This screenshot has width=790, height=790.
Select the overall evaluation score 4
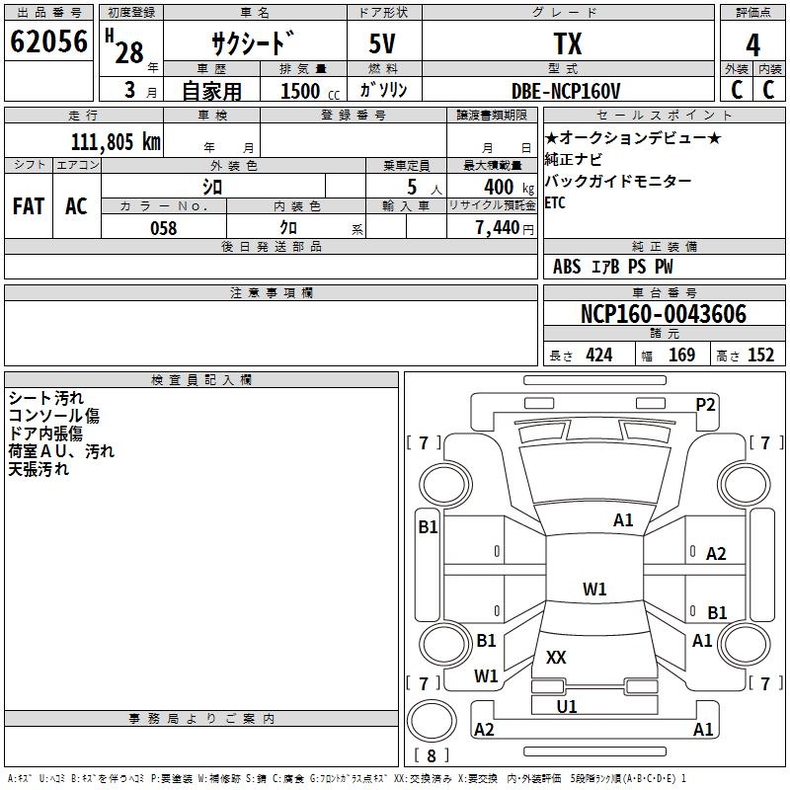[752, 45]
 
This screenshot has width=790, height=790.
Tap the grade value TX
[567, 44]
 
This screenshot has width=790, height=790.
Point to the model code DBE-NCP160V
[566, 91]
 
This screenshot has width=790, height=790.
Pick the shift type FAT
[28, 206]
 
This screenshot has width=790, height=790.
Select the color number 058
[163, 228]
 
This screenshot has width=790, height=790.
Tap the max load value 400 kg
[499, 187]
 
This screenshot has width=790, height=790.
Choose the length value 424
[598, 355]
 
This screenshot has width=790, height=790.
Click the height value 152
[759, 355]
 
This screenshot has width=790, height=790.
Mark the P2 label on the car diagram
[705, 404]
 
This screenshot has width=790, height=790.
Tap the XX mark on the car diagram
[556, 657]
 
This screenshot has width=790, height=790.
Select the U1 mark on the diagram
[566, 706]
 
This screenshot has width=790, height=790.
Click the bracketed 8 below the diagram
[431, 756]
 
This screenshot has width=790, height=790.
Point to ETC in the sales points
[556, 203]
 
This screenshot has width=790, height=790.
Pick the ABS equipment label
[567, 267]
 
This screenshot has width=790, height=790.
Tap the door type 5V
[384, 44]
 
